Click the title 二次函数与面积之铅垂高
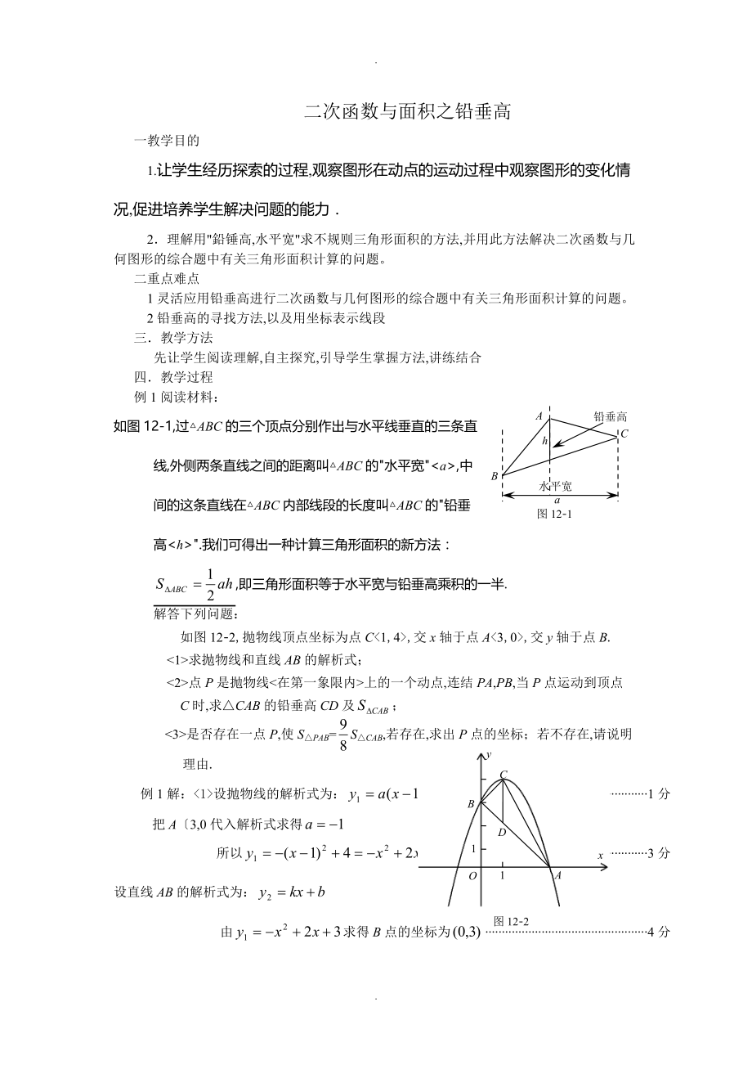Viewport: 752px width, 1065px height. [407, 112]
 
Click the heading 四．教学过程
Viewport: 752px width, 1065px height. [173, 377]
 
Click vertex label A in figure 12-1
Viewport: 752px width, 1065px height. [539, 416]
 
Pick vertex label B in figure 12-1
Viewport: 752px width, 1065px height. [495, 476]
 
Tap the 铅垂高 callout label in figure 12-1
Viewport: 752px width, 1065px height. [611, 416]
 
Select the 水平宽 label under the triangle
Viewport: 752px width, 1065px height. [556, 486]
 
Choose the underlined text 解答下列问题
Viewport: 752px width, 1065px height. [194, 613]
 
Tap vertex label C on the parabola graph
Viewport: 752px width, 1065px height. [504, 774]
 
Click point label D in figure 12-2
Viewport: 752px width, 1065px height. [502, 832]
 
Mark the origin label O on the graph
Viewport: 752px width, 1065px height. [472, 876]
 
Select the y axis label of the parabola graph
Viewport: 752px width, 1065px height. [488, 755]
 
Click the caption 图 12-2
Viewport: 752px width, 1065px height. [513, 921]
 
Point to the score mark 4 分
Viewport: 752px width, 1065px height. [658, 932]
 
